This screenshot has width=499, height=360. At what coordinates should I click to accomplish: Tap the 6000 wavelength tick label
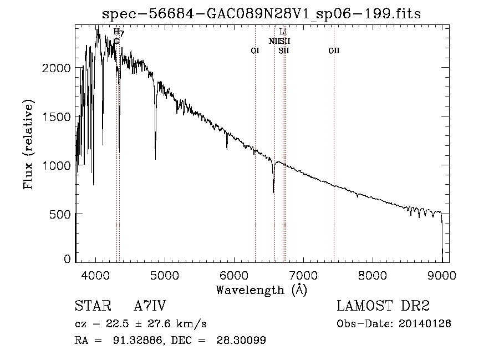click(x=233, y=275)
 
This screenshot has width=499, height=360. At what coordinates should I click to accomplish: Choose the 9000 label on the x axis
click(x=441, y=275)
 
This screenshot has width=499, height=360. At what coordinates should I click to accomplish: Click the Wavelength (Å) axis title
click(x=261, y=290)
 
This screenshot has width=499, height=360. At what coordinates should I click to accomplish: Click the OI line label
click(x=255, y=51)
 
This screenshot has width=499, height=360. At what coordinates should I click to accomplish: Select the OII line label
click(x=334, y=51)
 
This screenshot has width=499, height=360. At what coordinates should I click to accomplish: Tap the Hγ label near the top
click(x=119, y=32)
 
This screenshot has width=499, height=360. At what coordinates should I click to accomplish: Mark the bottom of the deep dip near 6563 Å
click(x=273, y=192)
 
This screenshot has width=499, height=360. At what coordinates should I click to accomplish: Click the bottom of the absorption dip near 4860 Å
click(x=155, y=159)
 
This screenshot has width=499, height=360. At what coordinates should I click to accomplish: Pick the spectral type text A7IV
click(x=150, y=306)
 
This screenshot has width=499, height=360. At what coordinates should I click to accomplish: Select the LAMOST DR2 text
click(x=383, y=306)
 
